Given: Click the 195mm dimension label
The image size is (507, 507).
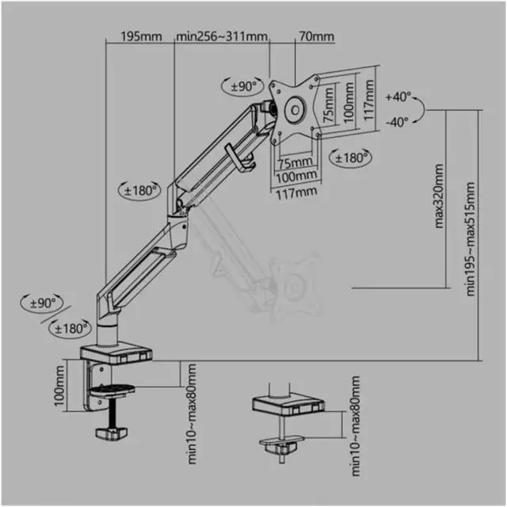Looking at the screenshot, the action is (142, 37).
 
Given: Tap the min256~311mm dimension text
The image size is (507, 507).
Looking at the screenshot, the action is (223, 37).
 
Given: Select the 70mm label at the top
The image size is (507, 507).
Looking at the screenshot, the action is (317, 37).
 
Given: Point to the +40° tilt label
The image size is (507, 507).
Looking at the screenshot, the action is (398, 97).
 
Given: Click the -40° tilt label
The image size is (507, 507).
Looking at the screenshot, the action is (398, 121).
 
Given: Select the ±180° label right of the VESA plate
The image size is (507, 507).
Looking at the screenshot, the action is (353, 158).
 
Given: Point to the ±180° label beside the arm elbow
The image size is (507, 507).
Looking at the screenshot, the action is (140, 189).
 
